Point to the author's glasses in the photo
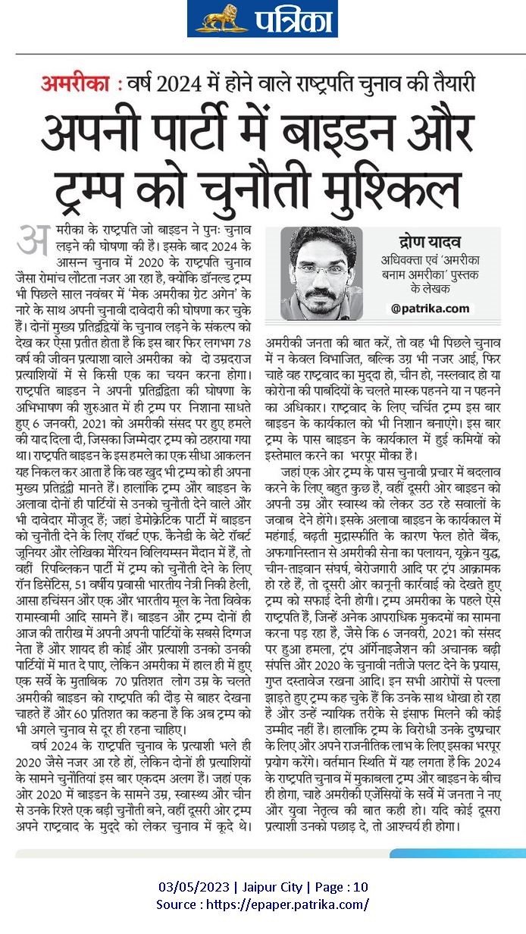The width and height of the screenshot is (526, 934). [x=320, y=269]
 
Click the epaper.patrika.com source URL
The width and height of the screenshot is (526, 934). [x=293, y=904]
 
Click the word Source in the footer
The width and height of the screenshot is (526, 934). [x=178, y=904]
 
